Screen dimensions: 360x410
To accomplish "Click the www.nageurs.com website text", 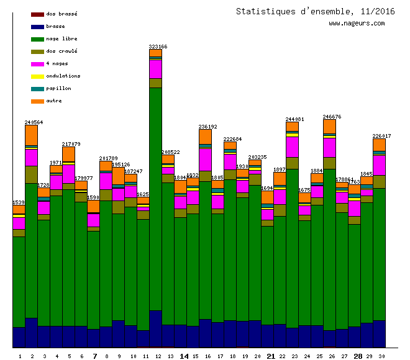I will pyautogui.click(x=357, y=24).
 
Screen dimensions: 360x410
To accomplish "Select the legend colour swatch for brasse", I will pyautogui.click(x=37, y=27).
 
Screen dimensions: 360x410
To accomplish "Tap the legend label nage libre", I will pyautogui.click(x=62, y=38).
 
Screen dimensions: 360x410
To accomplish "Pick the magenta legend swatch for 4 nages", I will pyautogui.click(x=37, y=64).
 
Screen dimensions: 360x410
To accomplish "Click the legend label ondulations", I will pyautogui.click(x=63, y=76).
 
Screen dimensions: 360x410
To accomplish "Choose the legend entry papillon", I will pyautogui.click(x=58, y=88).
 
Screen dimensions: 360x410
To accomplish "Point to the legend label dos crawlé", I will pyautogui.click(x=61, y=51).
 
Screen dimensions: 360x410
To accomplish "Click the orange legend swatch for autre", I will pyautogui.click(x=37, y=101).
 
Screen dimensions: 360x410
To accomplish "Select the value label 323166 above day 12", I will pyautogui.click(x=158, y=47).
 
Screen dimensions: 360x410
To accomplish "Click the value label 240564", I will pyautogui.click(x=34, y=122).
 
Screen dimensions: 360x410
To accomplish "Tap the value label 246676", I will pyautogui.click(x=332, y=117).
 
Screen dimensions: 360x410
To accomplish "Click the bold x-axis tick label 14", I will pyautogui.click(x=184, y=356).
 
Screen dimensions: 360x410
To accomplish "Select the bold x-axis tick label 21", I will pyautogui.click(x=270, y=356).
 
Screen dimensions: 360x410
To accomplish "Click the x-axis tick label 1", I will pyautogui.click(x=19, y=356).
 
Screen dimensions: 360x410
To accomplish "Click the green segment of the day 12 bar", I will pyautogui.click(x=155, y=199).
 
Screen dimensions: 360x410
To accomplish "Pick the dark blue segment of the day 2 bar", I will pyautogui.click(x=31, y=333).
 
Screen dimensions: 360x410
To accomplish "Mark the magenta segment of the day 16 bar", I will pyautogui.click(x=205, y=159).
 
